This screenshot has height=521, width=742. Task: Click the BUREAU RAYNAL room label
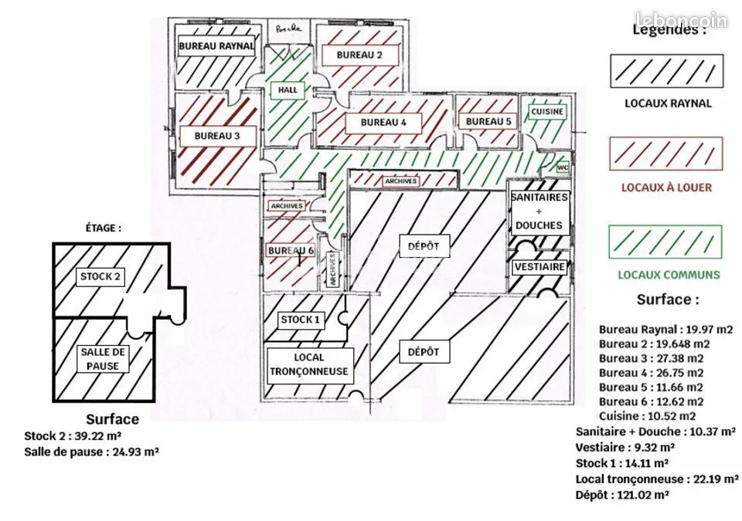[216, 46]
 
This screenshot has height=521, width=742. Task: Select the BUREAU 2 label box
[359, 55]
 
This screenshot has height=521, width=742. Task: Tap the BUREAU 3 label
[217, 136]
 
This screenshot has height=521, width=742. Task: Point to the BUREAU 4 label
[383, 123]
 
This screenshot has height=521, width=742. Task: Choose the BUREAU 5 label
[488, 121]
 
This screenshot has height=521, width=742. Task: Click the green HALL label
[288, 90]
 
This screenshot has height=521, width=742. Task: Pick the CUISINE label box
[547, 112]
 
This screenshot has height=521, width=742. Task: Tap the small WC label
[563, 167]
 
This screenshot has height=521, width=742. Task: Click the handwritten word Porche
[288, 29]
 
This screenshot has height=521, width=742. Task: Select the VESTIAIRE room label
[540, 266]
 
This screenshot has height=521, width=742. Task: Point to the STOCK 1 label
[300, 320]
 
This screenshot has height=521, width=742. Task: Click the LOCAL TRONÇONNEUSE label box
[309, 364]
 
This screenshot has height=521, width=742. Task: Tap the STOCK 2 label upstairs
[100, 276]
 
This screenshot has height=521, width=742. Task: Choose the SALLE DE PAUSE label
[103, 359]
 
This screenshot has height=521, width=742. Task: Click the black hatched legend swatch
[666, 71]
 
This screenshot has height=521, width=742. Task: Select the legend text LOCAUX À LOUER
[666, 188]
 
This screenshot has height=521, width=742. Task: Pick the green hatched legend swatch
[665, 242]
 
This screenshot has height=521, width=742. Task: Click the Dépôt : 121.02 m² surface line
[621, 495]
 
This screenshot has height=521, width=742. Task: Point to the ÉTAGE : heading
[103, 228]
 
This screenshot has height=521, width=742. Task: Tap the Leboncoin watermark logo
[682, 20]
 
